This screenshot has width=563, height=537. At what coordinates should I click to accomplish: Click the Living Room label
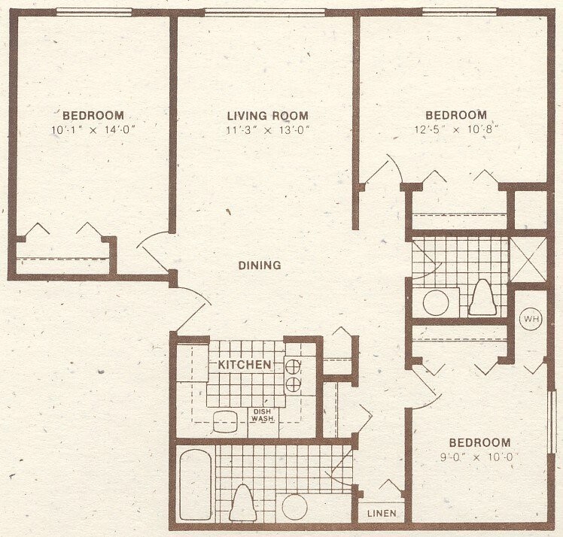267,116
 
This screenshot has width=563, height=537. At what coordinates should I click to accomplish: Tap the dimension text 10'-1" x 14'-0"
93,129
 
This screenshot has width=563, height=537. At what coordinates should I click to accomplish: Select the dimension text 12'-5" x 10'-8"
456,129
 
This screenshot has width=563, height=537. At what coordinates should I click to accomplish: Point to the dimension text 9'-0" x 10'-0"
479,457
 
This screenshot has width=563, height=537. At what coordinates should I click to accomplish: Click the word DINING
260,265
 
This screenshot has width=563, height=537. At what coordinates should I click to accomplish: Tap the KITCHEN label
245,365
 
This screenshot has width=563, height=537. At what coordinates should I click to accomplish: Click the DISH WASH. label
263,415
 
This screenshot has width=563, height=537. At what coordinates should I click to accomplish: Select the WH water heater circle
531,319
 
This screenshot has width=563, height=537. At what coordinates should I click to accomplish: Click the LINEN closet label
382,514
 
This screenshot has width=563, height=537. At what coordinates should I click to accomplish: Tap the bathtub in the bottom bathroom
195,484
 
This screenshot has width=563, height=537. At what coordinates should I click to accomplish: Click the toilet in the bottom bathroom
242,502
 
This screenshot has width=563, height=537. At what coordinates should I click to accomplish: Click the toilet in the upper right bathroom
482,298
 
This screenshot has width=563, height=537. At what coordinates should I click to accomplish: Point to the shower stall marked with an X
528,259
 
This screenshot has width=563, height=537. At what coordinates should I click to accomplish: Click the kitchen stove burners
293,375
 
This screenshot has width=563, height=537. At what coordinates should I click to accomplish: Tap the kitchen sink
225,422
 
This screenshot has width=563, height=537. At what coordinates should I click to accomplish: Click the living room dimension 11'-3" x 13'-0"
267,129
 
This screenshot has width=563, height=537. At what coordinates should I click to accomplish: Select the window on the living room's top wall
265,11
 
